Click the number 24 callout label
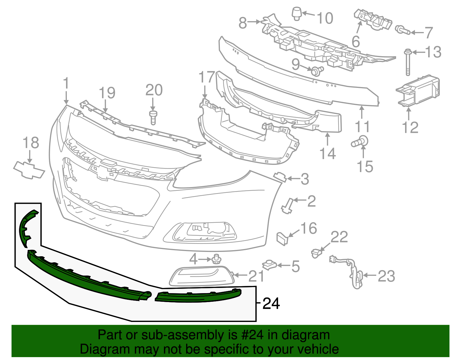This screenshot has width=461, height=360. (x=271, y=304)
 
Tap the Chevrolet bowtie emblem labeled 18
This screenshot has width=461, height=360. (x=29, y=170)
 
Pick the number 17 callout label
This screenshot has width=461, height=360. (x=207, y=77)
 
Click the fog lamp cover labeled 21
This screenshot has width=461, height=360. (x=201, y=276)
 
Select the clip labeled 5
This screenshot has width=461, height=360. (x=269, y=265)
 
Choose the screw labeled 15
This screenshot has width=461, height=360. (x=360, y=142)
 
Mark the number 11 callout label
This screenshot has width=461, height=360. (x=362, y=127)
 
